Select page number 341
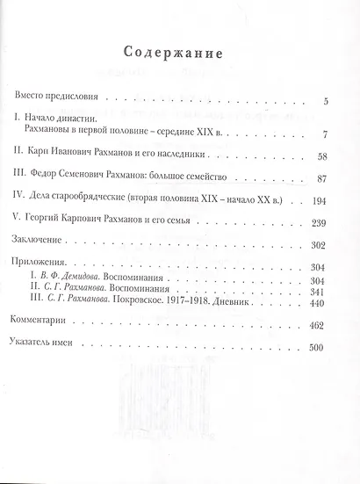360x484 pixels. point(318,291)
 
